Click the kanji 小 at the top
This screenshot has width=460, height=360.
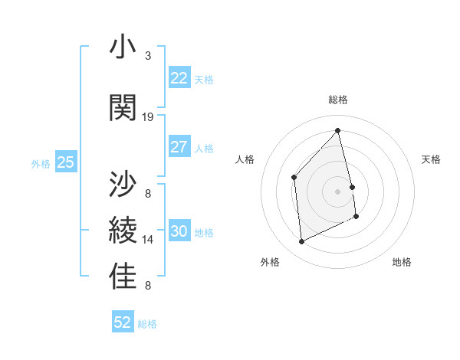point(123,47)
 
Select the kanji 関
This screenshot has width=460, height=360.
point(123,107)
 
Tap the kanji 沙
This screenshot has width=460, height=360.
point(123,184)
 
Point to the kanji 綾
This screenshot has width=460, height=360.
point(123,231)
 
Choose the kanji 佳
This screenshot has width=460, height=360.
point(123,277)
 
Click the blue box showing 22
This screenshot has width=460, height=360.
point(179,78)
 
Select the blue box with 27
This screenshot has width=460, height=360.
point(179,147)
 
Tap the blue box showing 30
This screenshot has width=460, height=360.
point(179,231)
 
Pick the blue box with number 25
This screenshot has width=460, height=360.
point(65,162)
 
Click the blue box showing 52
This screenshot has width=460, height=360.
point(123,322)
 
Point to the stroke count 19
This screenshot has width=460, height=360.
point(148,117)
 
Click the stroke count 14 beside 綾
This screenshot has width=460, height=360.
point(148,240)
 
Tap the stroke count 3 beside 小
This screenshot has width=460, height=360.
point(148,56)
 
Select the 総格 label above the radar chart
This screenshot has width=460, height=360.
point(338,100)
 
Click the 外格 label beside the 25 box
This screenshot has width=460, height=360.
point(41,163)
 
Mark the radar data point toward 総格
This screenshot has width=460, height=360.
point(338,130)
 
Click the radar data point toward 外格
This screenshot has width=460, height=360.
point(301,242)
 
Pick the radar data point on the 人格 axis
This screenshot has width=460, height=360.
point(294,177)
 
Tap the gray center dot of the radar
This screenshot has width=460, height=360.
point(338,191)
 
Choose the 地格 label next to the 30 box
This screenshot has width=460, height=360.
point(205,232)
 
